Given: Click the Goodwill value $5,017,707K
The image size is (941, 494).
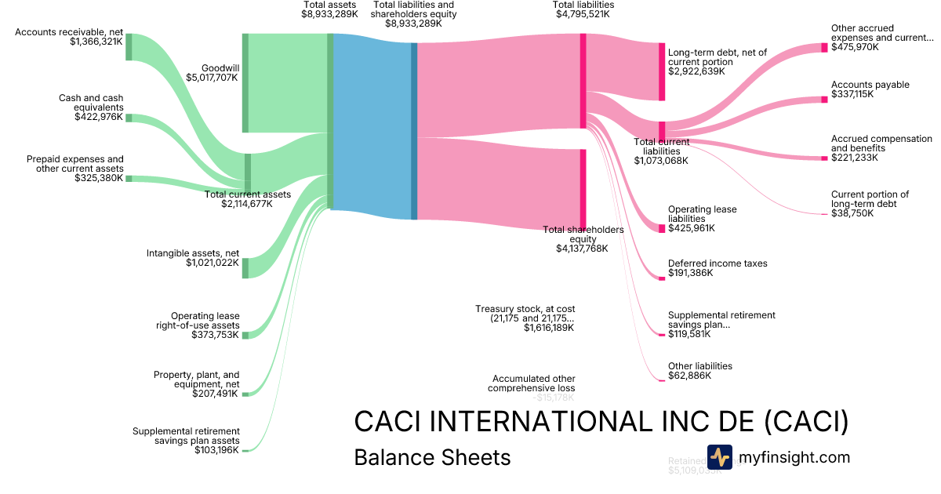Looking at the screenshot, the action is pos(213,78).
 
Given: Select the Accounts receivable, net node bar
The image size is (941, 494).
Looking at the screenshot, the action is pos(129,46).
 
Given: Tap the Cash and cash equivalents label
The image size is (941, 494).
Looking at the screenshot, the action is pos(91,103).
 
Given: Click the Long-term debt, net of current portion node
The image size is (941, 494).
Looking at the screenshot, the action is pos(662,71).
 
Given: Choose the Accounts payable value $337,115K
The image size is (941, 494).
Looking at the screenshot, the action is pos(852,95).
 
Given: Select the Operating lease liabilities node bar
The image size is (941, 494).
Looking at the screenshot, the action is pos(662,228).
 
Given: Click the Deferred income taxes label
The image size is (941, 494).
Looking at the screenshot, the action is pos(718,263).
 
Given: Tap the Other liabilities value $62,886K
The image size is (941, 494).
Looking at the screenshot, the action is pos(689,376).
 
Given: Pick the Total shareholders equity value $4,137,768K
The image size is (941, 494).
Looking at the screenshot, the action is pos(582,249).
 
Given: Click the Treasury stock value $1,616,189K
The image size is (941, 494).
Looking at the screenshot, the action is pos(549,328).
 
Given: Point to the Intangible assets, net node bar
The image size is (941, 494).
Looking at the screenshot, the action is pos(245,267).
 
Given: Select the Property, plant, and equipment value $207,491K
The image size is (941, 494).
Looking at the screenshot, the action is pos(216,394).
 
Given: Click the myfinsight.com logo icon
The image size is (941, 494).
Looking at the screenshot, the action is pos(719,457).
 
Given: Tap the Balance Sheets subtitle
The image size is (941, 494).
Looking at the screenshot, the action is pos(432,457).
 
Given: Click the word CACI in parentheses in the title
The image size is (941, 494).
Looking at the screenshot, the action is pos(807,421).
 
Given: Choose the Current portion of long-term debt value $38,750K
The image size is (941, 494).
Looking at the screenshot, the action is pos(852,213).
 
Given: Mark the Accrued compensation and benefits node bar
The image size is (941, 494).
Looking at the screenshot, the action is pos(824,158).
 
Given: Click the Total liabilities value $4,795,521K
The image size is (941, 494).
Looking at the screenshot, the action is pos(583,14).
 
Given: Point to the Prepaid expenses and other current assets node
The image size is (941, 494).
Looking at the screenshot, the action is pos(129,179).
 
